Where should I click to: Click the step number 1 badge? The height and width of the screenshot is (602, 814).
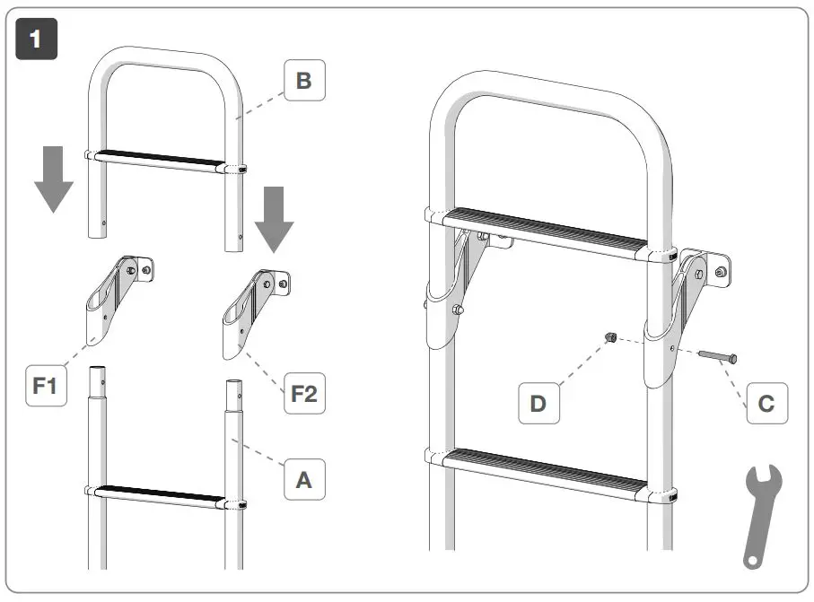37,39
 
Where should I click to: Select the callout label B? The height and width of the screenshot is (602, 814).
303,82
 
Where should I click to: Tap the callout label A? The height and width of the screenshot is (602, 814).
303,480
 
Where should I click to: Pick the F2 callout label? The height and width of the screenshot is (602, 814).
304,394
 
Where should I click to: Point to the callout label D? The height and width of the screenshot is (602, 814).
538,403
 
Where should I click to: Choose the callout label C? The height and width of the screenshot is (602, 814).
766,403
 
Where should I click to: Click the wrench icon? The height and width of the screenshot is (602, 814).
761,516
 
